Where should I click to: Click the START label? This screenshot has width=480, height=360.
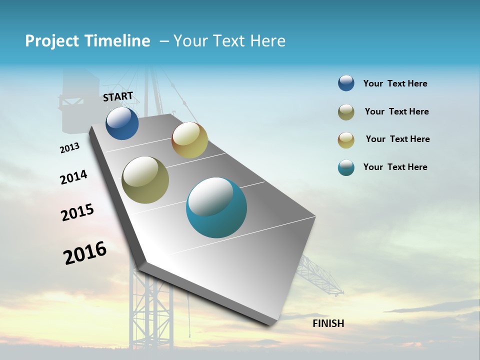click(x=118, y=96)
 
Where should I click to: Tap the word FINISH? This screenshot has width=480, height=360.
click(x=328, y=323)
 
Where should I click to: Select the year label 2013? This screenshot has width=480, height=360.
click(x=69, y=148)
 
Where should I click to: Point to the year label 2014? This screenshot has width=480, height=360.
click(x=73, y=177)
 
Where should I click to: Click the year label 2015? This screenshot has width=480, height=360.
click(x=77, y=212)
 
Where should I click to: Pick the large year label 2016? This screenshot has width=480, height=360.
click(x=85, y=252)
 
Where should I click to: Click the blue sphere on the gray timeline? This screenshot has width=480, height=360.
click(x=122, y=123)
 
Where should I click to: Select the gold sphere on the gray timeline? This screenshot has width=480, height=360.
click(x=189, y=140)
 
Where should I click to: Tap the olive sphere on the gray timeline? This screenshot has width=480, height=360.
click(x=145, y=180)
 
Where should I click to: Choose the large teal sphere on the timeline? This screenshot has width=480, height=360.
click(x=216, y=207)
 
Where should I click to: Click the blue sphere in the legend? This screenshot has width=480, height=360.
click(x=346, y=83)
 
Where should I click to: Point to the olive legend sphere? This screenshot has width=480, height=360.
click(x=346, y=112)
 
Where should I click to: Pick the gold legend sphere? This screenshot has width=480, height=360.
click(x=346, y=140)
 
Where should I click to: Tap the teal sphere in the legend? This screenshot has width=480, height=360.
click(x=346, y=167)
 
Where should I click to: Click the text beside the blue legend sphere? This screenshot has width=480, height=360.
click(x=395, y=83)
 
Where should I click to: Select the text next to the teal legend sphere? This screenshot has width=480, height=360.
click(x=395, y=167)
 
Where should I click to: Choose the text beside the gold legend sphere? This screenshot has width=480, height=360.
click(x=397, y=139)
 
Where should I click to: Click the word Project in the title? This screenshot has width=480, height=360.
click(x=51, y=41)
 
